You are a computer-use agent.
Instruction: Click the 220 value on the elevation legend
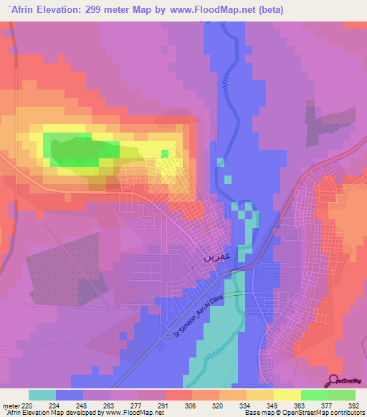point(29,405)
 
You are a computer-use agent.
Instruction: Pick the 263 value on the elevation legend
point(110,405)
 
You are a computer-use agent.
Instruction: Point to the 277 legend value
point(137,405)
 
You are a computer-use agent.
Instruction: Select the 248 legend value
point(82,405)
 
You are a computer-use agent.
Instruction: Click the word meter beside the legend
point(10,405)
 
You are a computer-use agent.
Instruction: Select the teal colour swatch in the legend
point(42,395)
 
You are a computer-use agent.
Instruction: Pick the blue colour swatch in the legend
point(69,395)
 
